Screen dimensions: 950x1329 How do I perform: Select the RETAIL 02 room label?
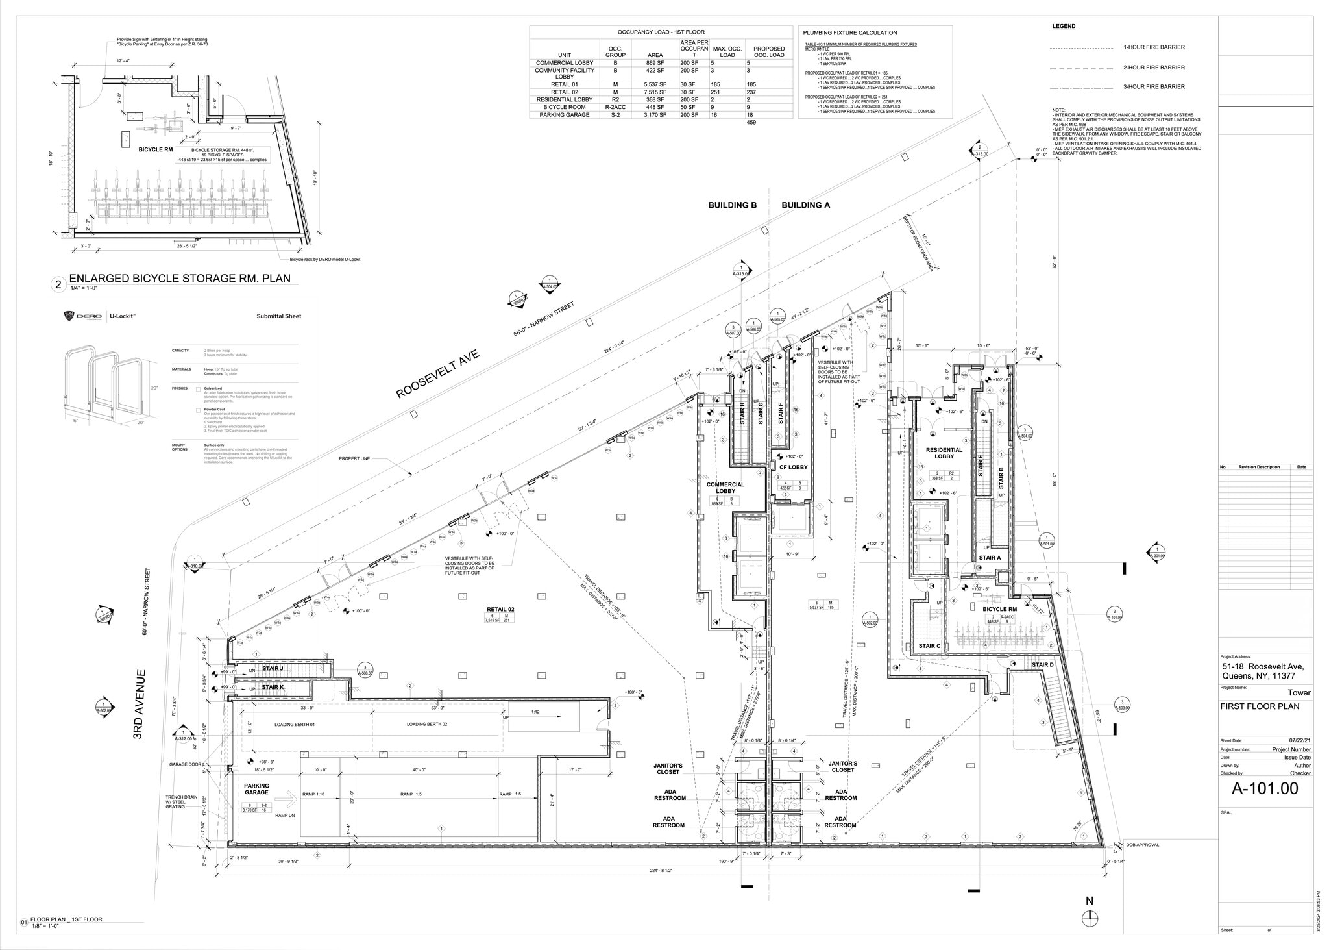point(500,609)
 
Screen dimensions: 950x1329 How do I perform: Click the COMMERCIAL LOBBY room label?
point(725,488)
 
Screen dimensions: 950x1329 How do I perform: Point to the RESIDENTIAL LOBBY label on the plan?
point(944,453)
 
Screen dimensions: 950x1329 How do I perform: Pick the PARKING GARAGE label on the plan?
point(256,789)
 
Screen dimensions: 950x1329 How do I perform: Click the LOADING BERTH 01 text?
point(294,724)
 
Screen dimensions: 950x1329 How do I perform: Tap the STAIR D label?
point(1042,665)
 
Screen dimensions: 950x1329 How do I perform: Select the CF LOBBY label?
point(793,467)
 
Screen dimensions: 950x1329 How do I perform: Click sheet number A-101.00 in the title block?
point(1265,788)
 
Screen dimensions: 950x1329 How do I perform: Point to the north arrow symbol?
point(1090,918)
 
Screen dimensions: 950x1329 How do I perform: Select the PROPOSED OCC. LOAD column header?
point(769,52)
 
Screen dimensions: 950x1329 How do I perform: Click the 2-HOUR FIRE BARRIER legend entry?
point(1154,68)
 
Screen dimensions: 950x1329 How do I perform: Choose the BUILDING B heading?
point(732,205)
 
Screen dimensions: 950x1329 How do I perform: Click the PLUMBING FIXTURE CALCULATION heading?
point(849,32)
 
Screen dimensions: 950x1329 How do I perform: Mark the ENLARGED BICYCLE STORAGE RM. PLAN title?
point(179,279)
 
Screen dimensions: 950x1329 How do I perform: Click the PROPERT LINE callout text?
point(354,458)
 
